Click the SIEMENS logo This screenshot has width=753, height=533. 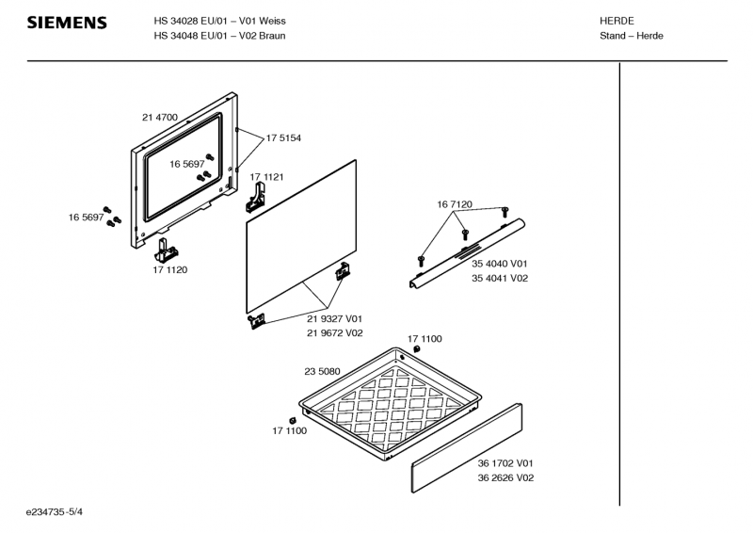click(66, 23)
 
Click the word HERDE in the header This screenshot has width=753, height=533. click(617, 20)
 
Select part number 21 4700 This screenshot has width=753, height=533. click(160, 118)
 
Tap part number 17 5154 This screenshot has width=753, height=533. click(283, 138)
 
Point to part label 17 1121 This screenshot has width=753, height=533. click(266, 177)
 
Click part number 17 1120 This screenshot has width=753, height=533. click(170, 270)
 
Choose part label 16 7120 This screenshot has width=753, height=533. click(455, 204)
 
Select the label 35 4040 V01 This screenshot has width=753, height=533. click(500, 264)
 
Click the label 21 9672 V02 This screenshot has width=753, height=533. click(334, 333)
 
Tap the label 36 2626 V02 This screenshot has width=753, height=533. click(505, 477)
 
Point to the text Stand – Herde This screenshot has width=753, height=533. click(632, 36)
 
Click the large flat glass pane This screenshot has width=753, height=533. click(301, 235)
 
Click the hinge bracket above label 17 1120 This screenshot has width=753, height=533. click(168, 250)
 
